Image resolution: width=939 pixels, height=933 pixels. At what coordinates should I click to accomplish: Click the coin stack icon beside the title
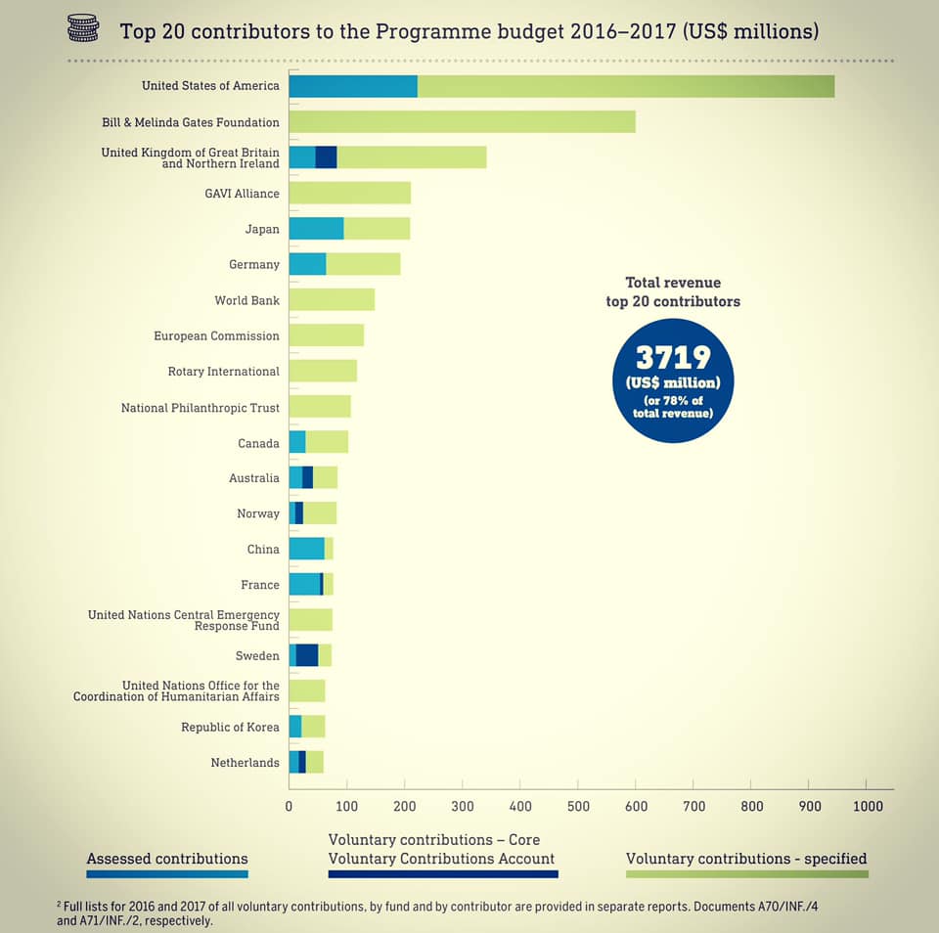(x=83, y=29)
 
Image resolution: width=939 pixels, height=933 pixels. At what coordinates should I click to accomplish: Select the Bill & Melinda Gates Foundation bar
(x=462, y=122)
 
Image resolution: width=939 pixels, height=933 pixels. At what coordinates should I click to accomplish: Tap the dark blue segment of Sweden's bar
(x=307, y=655)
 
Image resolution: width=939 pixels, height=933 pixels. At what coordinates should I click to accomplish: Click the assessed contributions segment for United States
(x=353, y=86)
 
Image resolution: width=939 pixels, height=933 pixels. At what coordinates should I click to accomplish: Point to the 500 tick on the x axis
(x=578, y=806)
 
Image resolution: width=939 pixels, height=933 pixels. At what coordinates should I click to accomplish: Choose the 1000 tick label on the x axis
(x=867, y=806)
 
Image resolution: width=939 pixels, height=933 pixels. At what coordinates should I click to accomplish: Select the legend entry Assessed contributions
(x=167, y=859)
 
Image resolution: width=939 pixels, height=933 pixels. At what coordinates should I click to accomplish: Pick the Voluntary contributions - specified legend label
(x=746, y=859)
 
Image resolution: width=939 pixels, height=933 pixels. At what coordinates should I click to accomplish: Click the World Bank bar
(x=332, y=299)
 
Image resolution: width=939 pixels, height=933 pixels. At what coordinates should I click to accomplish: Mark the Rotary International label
(x=224, y=372)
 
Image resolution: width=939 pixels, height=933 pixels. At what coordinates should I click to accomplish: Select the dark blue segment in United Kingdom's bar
(x=326, y=157)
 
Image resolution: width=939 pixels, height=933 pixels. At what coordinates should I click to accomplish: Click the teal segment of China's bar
(x=306, y=549)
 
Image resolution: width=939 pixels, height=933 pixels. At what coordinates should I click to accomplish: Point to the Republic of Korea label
(x=230, y=727)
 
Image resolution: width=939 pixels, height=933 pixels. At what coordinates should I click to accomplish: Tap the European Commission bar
(x=326, y=335)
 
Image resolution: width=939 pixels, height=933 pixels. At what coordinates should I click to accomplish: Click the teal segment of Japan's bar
(x=316, y=229)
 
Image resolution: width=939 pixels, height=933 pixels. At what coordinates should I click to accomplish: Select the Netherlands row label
(x=245, y=762)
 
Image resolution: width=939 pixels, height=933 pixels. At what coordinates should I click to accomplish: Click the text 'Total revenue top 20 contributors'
(x=673, y=291)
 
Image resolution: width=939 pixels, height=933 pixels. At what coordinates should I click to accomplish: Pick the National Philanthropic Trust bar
(x=320, y=407)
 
